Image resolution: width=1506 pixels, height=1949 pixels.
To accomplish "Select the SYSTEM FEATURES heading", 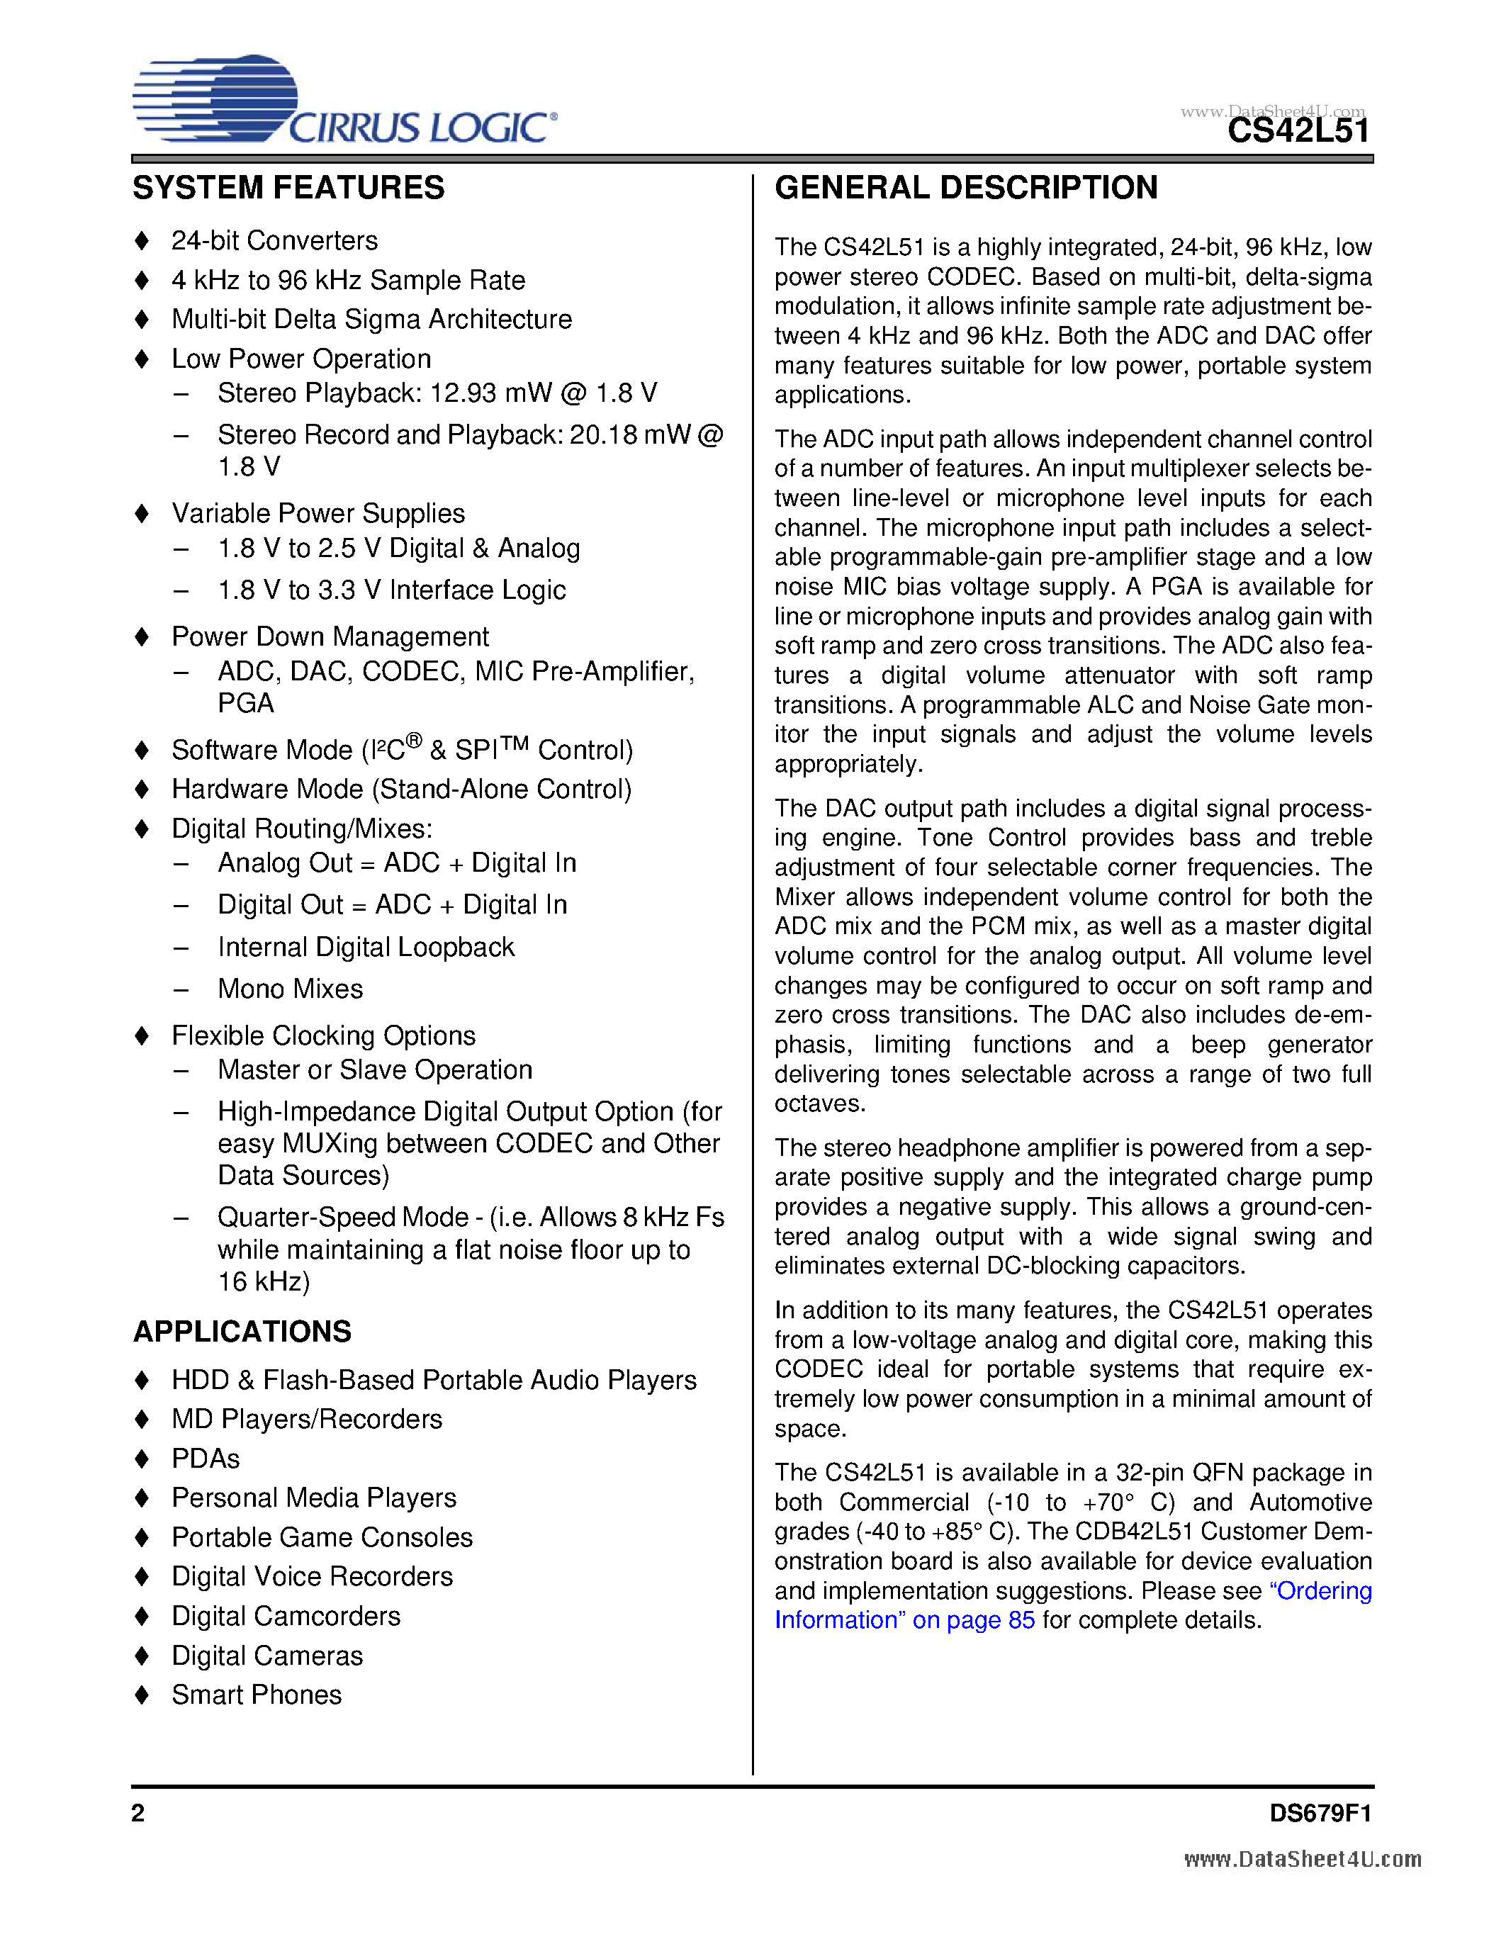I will pos(288,189).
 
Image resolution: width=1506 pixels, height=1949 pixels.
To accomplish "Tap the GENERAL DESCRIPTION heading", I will pos(966,189).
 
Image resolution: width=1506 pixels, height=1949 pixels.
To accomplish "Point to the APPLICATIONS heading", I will pos(242,1332).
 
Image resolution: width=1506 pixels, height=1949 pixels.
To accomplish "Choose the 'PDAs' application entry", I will pos(206,1458).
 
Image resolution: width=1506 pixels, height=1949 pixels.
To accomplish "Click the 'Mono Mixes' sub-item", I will pos(290,989).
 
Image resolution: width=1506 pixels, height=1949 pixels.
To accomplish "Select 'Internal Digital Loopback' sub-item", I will pos(366,947).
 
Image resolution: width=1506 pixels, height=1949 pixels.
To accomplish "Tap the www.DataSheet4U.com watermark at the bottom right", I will pos(1303,1860).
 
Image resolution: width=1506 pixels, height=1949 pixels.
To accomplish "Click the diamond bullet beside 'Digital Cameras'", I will pos(142,1656).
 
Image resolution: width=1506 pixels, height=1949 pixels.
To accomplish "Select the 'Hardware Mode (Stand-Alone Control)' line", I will pos(401,789).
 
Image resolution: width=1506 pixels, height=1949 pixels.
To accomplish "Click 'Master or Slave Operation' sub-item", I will pos(375,1070).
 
